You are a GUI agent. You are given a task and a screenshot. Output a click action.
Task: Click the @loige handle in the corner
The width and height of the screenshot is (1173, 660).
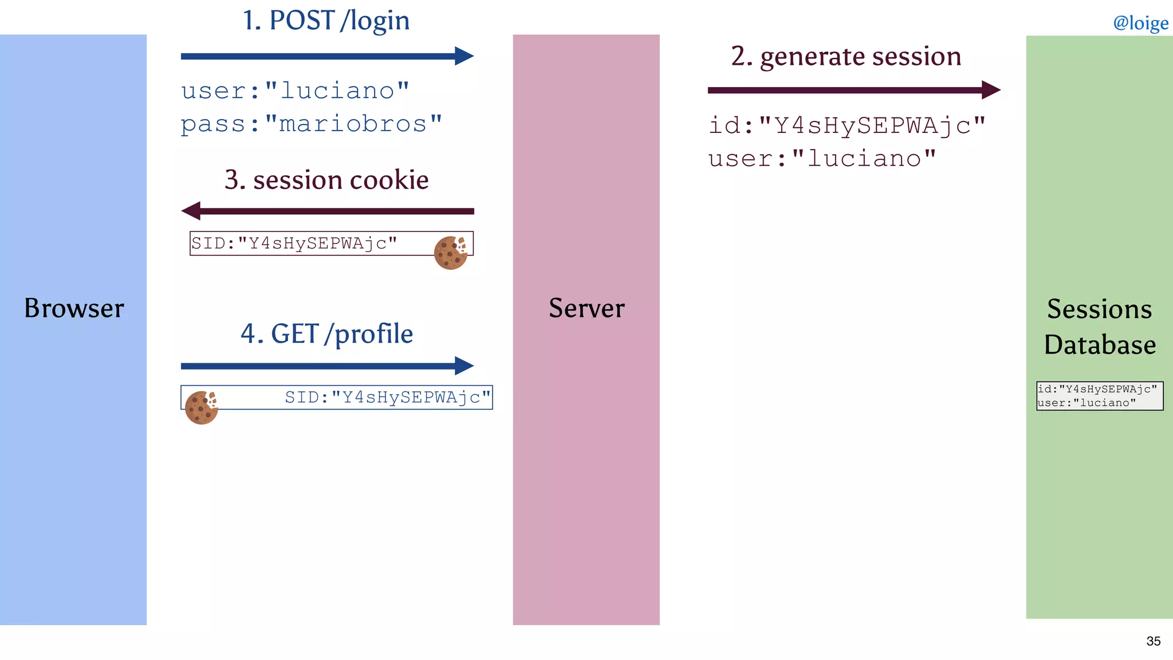(x=1140, y=23)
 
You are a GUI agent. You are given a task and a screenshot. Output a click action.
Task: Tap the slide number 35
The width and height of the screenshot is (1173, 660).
(x=1153, y=641)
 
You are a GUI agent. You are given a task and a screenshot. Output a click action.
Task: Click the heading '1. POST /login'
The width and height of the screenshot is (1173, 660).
(x=326, y=21)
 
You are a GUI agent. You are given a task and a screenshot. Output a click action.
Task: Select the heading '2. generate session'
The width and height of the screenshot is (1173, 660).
(x=846, y=56)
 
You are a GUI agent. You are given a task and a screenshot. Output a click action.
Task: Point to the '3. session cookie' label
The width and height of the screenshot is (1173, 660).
(x=326, y=180)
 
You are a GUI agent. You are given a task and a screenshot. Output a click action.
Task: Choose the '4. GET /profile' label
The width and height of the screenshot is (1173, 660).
(x=326, y=334)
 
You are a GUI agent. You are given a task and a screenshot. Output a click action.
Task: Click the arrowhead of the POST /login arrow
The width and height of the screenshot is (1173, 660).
(x=465, y=56)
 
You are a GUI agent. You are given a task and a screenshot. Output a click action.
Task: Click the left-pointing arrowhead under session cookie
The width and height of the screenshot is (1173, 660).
(x=191, y=211)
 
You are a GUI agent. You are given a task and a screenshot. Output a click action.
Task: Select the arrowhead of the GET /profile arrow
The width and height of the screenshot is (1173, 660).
(x=465, y=366)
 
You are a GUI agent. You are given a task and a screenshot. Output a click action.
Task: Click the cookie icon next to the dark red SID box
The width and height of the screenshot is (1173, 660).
(x=451, y=253)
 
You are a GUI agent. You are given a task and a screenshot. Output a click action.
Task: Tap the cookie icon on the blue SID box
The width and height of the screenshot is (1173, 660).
(x=201, y=407)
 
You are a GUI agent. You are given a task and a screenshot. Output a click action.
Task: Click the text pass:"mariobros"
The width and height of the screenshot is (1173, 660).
(x=312, y=124)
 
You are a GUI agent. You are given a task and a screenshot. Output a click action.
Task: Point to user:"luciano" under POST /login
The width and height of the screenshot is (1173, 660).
(x=295, y=91)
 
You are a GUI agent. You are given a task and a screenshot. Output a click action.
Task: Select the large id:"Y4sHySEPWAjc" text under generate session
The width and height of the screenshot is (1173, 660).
(x=847, y=125)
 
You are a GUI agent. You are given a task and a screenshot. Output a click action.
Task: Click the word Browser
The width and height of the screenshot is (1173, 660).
(x=74, y=308)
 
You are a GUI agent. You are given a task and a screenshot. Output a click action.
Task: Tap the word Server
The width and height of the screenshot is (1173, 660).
(x=586, y=308)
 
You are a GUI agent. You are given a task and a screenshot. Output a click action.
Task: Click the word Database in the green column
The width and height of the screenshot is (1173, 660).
(x=1100, y=345)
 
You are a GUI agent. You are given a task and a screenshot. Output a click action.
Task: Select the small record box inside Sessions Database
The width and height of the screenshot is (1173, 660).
(x=1100, y=396)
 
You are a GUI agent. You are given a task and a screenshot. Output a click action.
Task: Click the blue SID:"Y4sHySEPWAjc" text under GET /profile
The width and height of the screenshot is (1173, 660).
(x=388, y=397)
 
